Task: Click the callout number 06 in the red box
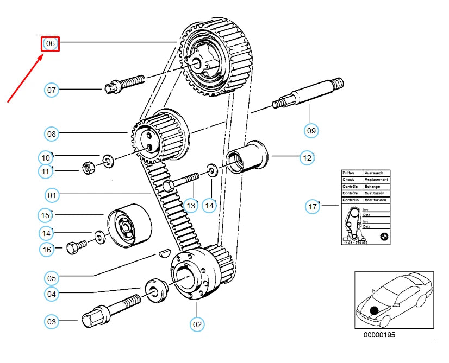point(51,43)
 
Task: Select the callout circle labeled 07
point(52,90)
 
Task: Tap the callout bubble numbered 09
point(311,130)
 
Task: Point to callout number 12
point(308,158)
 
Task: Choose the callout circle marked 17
point(313,206)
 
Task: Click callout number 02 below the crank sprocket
point(197,324)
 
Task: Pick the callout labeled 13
point(190,205)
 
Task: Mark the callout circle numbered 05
point(52,278)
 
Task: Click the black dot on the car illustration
point(375,311)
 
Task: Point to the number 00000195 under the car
point(379,335)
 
